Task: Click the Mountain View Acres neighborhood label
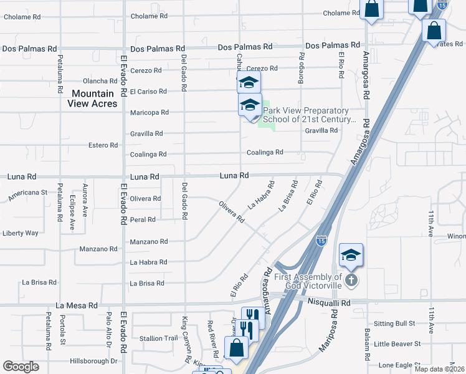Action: (x=93, y=98)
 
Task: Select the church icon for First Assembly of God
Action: (x=351, y=280)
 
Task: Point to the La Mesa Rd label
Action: (x=77, y=306)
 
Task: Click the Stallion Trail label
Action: (x=159, y=338)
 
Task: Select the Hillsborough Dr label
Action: (x=93, y=361)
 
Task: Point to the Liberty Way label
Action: (x=21, y=233)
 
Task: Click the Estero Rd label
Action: (x=103, y=145)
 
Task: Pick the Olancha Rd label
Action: (x=100, y=81)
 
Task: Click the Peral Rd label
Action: (x=143, y=220)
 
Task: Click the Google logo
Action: (x=21, y=367)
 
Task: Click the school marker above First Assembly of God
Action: (x=351, y=254)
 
